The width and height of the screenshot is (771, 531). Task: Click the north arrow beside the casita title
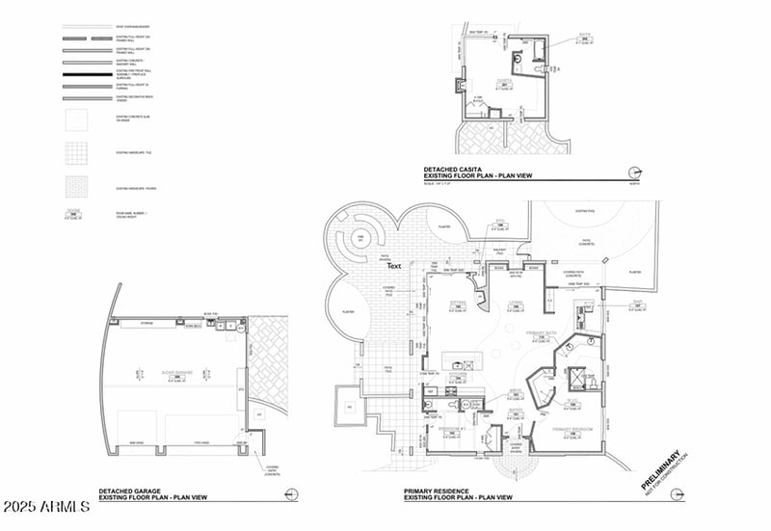pos(633,173)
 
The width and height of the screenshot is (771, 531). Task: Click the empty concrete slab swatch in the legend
pos(76,120)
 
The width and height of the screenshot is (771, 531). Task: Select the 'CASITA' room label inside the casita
pos(502,81)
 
